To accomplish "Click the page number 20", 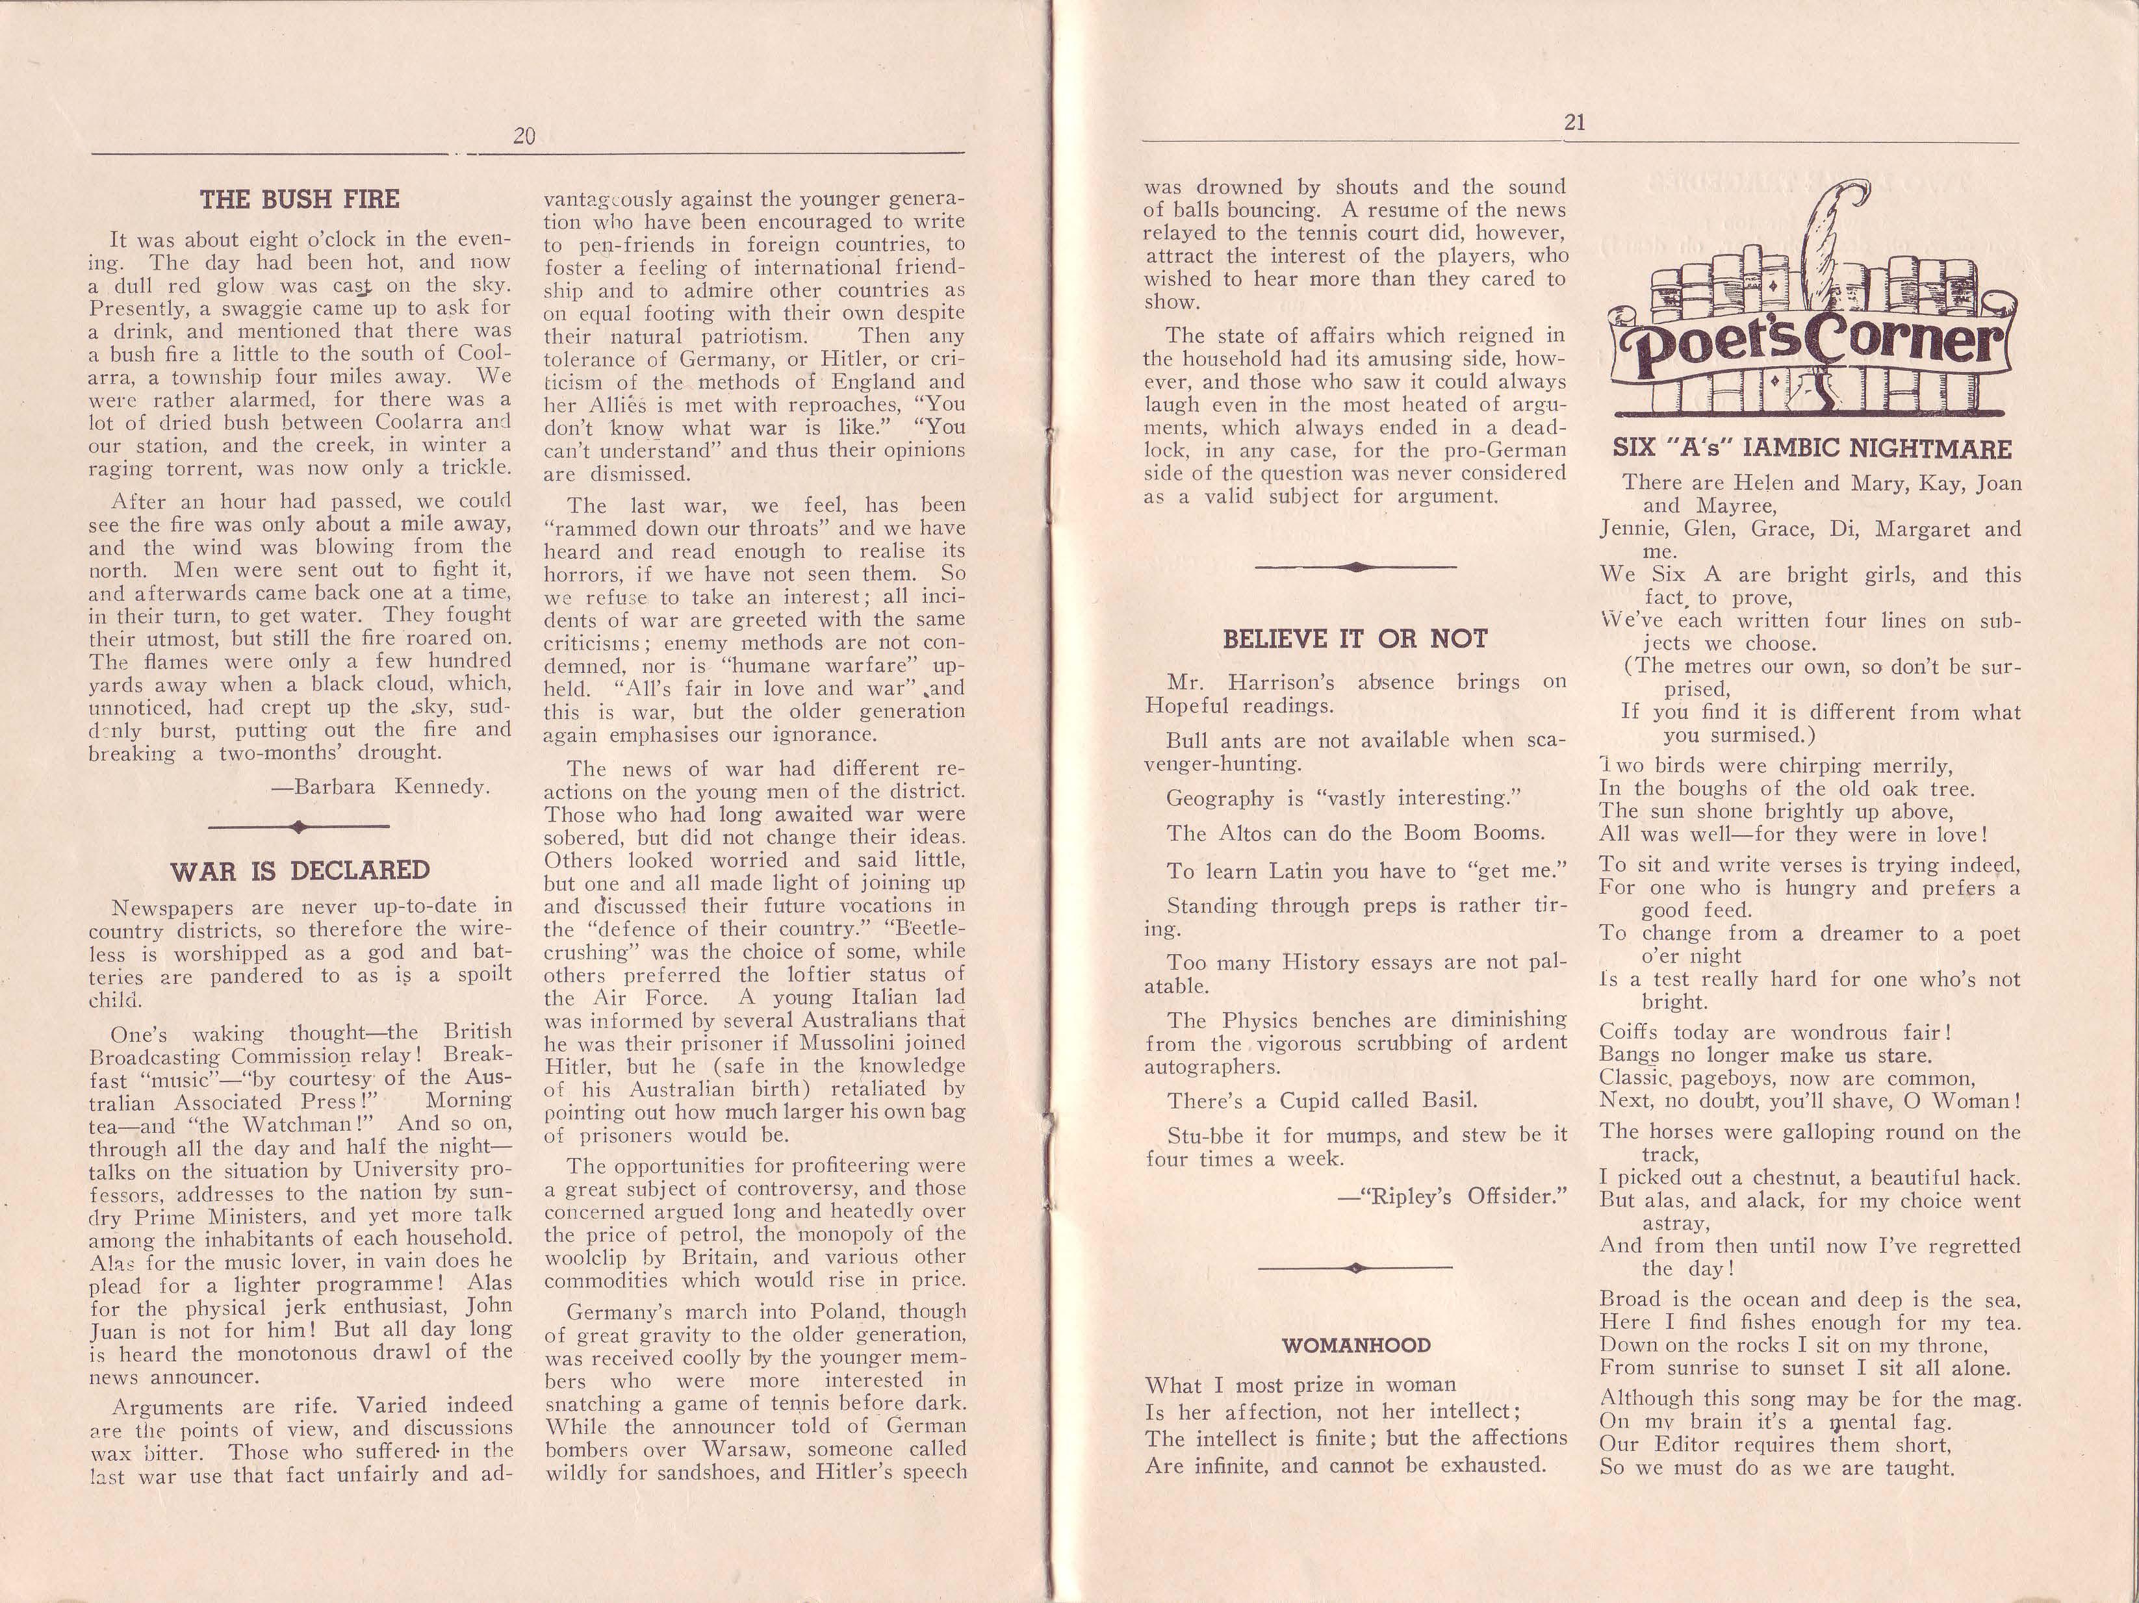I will pyautogui.click(x=524, y=137).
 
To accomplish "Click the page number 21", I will pyautogui.click(x=1573, y=123).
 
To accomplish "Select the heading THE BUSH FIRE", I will pyautogui.click(x=299, y=200).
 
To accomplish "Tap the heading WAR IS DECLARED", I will pyautogui.click(x=300, y=870).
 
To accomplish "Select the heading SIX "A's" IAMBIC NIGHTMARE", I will pyautogui.click(x=1812, y=449).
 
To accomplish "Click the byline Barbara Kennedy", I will pyautogui.click(x=381, y=786).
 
